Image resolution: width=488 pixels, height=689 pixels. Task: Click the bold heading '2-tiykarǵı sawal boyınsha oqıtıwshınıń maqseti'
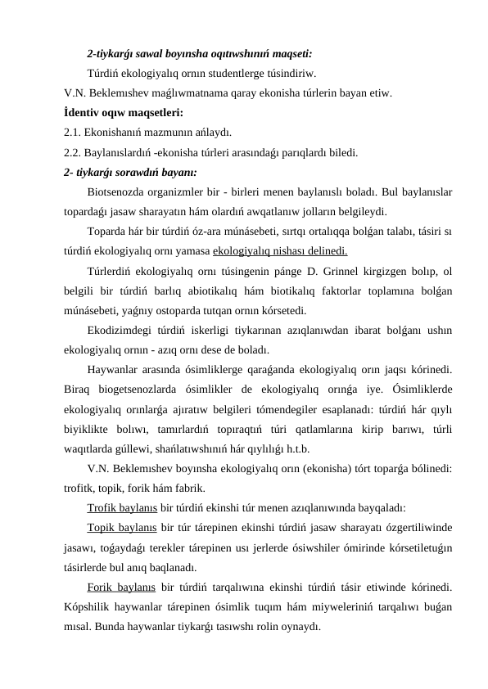click(199, 56)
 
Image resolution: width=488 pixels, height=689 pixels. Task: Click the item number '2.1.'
click(73, 132)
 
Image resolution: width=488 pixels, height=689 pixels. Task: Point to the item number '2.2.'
click(73, 151)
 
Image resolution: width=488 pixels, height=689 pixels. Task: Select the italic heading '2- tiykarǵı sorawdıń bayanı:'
click(130, 171)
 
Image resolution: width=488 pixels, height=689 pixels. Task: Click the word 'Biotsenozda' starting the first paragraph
click(115, 191)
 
